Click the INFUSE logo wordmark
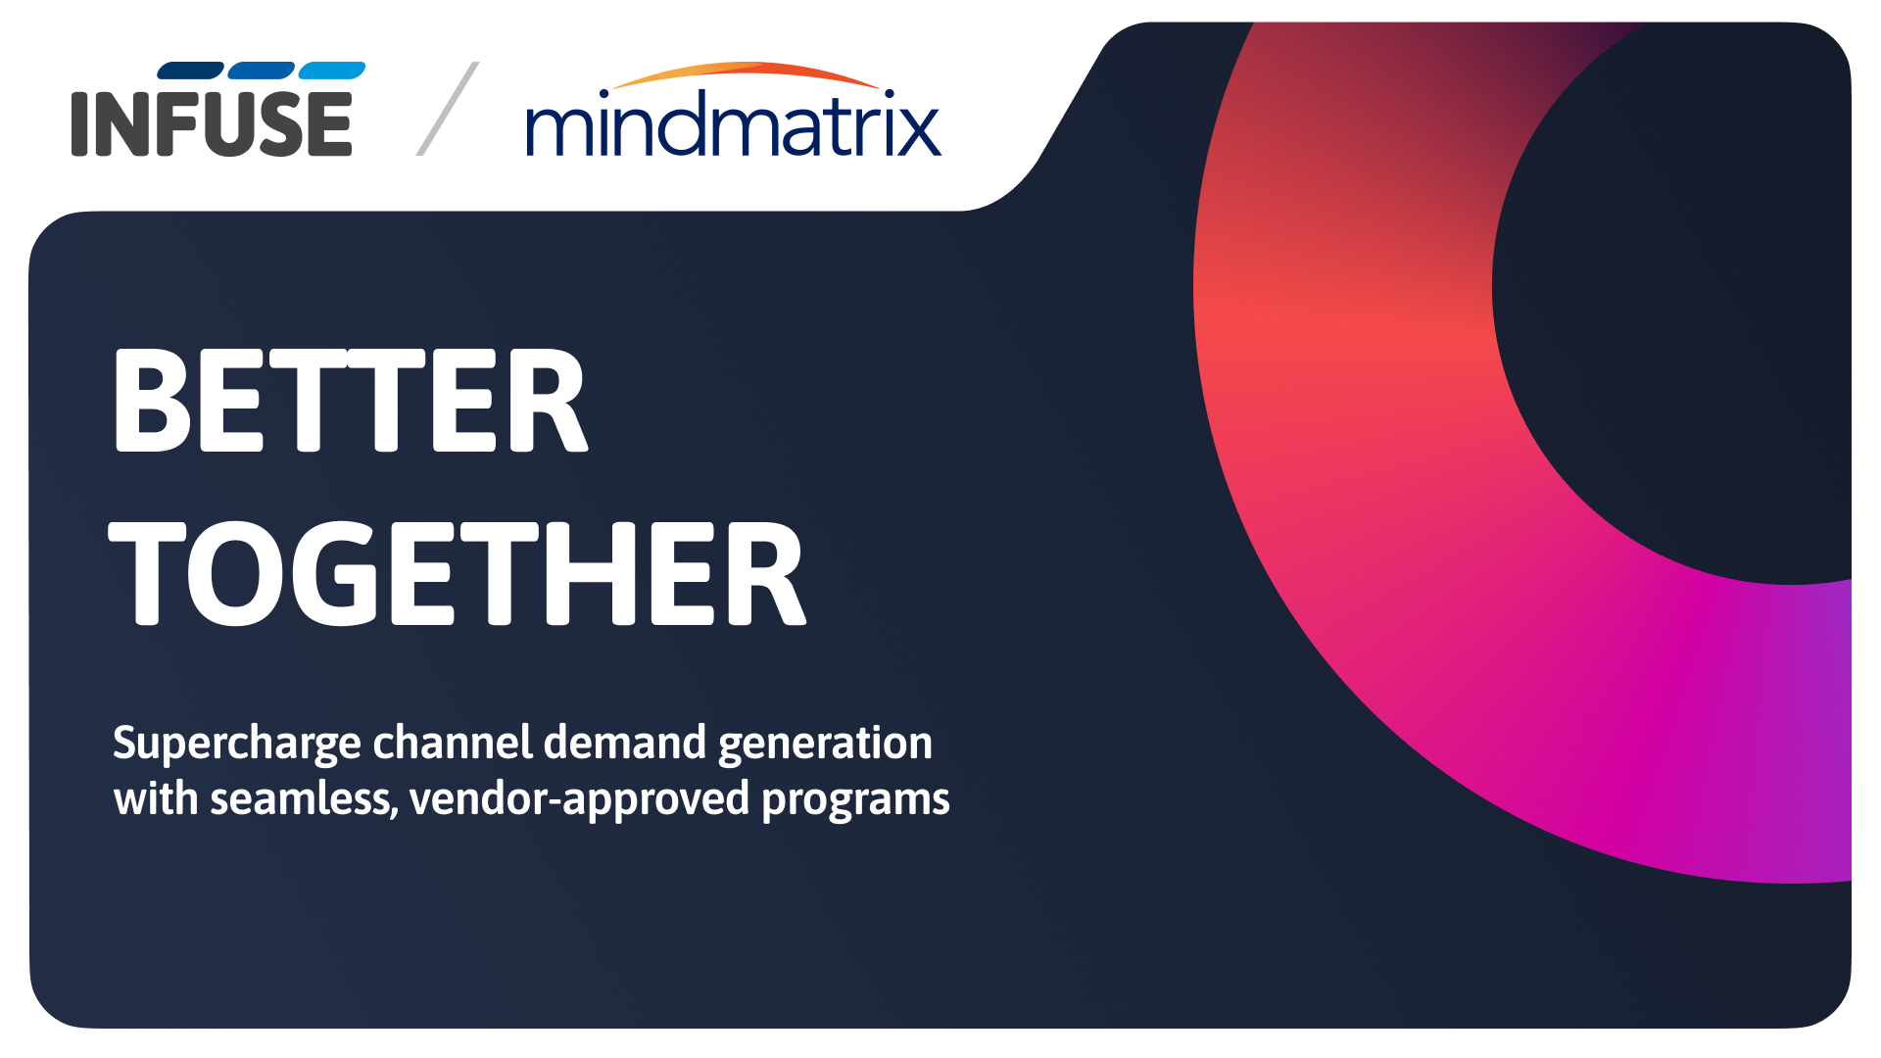point(212,123)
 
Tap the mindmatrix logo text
point(734,122)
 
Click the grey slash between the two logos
point(448,109)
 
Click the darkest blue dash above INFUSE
point(191,71)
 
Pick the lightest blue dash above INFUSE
point(332,71)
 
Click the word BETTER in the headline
point(351,400)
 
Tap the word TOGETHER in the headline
point(458,573)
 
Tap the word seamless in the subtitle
point(304,799)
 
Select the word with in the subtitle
point(156,798)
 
